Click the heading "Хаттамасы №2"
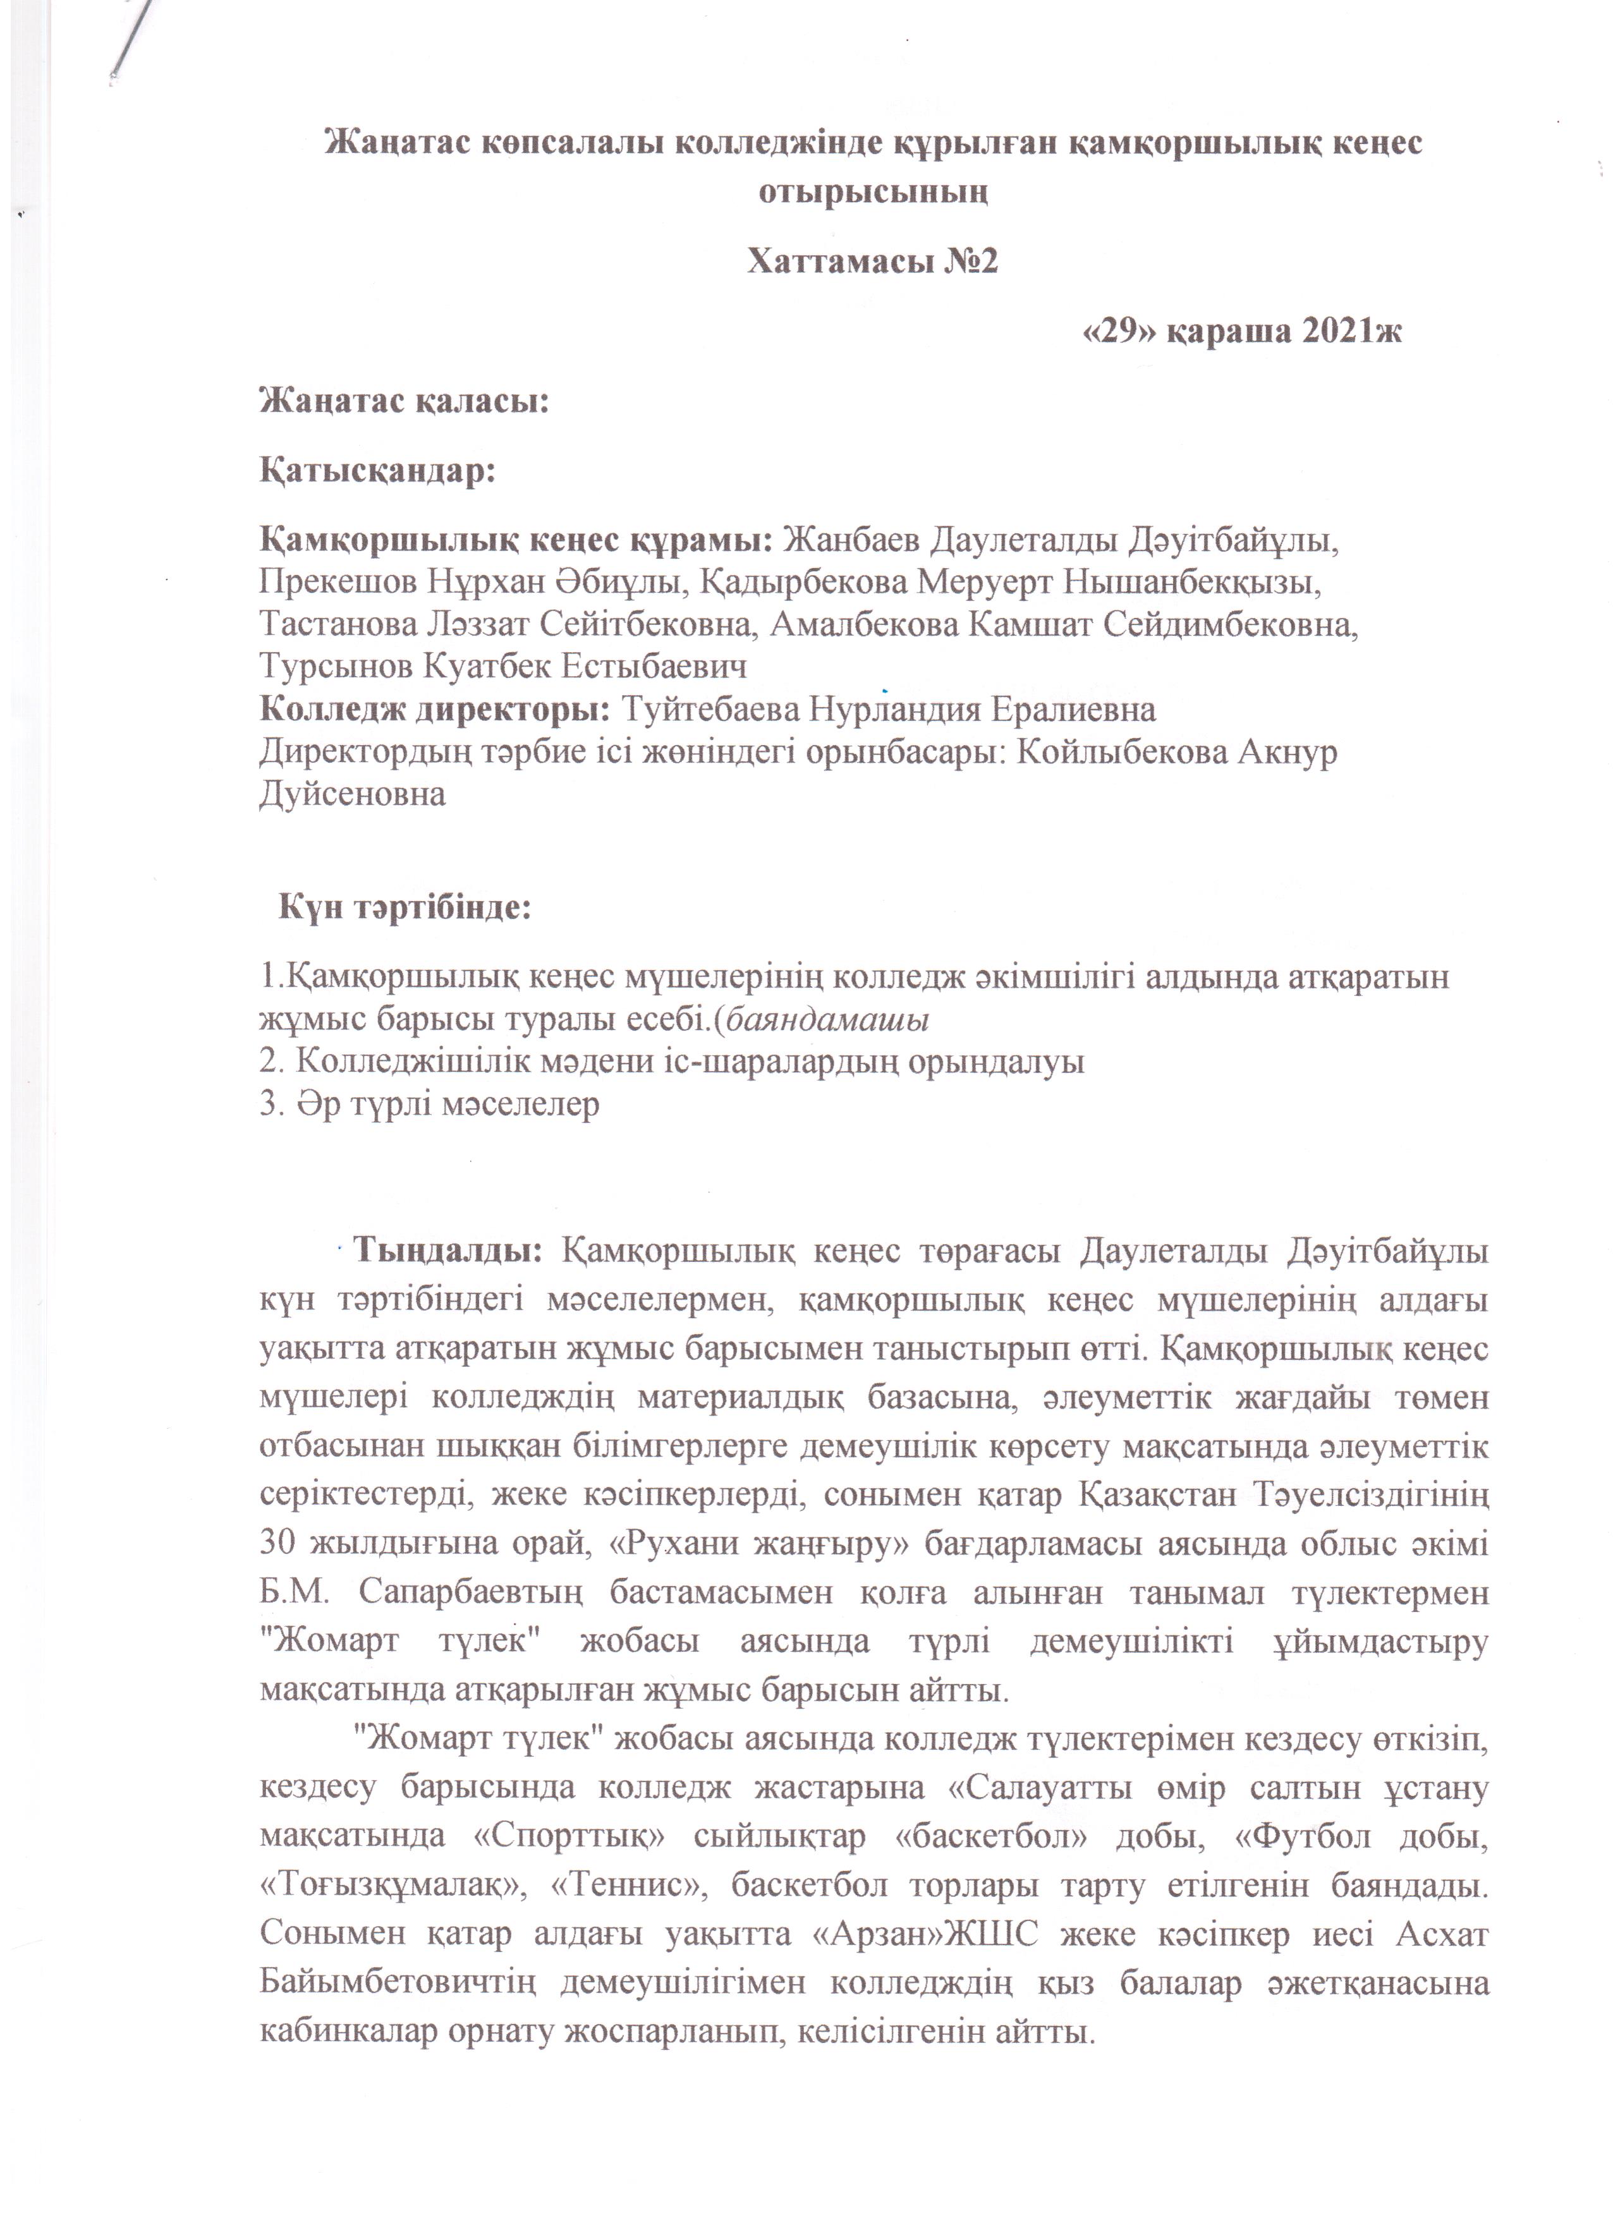pos(872,262)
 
